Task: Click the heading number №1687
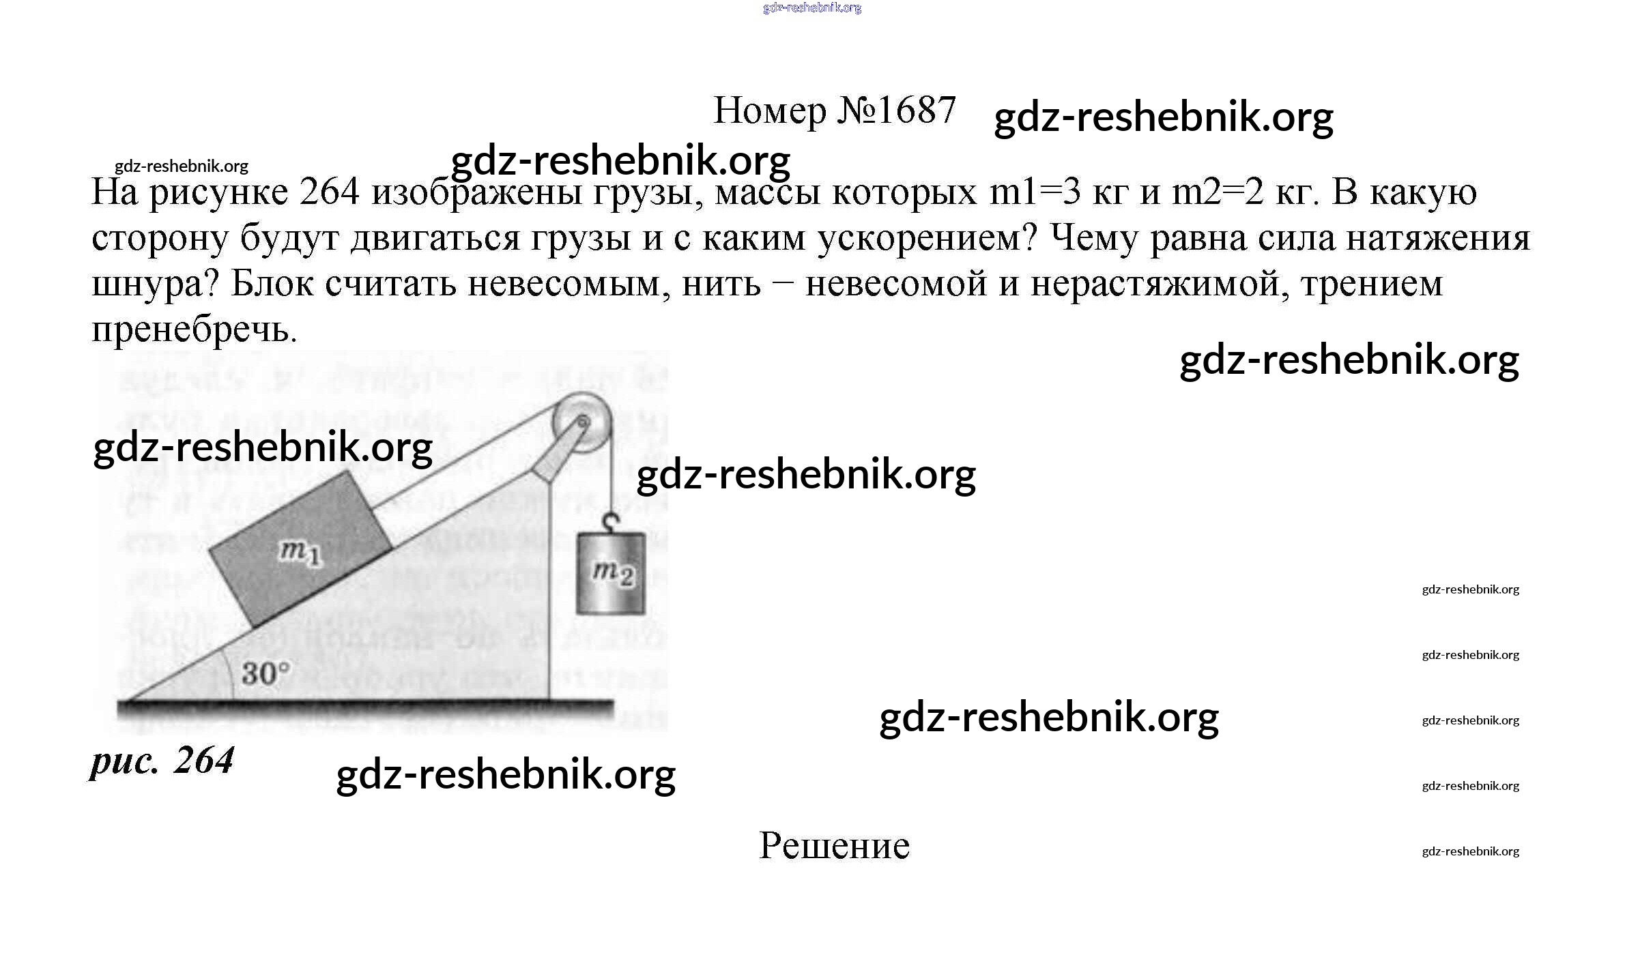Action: pyautogui.click(x=895, y=110)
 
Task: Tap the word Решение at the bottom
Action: pyautogui.click(x=834, y=846)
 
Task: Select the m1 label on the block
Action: pyautogui.click(x=300, y=552)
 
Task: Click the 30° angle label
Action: pyautogui.click(x=265, y=673)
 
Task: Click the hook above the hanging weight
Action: pyautogui.click(x=611, y=522)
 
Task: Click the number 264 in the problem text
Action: pyautogui.click(x=329, y=192)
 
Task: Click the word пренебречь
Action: pyautogui.click(x=195, y=329)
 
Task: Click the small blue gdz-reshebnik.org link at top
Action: pyautogui.click(x=812, y=8)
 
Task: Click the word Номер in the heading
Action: pyautogui.click(x=769, y=110)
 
